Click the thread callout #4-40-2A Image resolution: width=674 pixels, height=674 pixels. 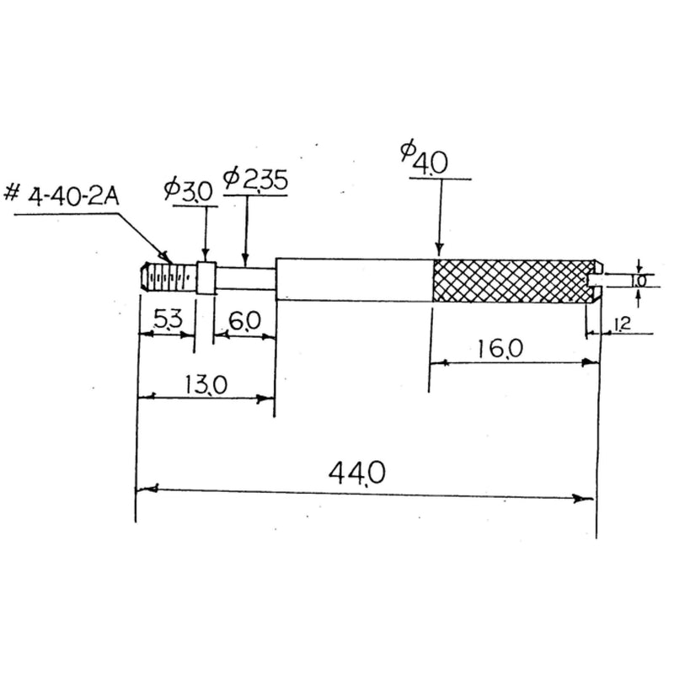pyautogui.click(x=61, y=195)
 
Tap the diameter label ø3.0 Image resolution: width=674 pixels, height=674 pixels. pyautogui.click(x=188, y=190)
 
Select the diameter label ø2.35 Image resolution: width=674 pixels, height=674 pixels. pyautogui.click(x=255, y=179)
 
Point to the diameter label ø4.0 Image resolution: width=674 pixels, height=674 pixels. pyautogui.click(x=425, y=156)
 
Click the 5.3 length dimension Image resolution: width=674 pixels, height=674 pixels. pyautogui.click(x=168, y=319)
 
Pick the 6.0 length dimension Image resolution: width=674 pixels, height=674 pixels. pyautogui.click(x=245, y=321)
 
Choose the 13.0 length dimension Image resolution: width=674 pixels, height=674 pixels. pyautogui.click(x=206, y=385)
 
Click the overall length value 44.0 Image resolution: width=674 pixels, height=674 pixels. pyautogui.click(x=356, y=473)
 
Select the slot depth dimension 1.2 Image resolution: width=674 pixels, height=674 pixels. pyautogui.click(x=623, y=324)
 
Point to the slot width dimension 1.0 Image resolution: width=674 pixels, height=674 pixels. pyautogui.click(x=639, y=281)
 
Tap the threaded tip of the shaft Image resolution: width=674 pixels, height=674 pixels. pyautogui.click(x=168, y=277)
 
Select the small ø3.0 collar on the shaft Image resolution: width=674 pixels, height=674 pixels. pyautogui.click(x=206, y=278)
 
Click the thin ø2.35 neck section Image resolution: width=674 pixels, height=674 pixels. pyautogui.click(x=245, y=278)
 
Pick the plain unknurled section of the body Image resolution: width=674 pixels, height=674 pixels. pyautogui.click(x=354, y=280)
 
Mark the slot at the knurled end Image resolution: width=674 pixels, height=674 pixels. pyautogui.click(x=595, y=281)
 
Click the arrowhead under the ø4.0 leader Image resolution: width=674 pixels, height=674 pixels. pyautogui.click(x=439, y=249)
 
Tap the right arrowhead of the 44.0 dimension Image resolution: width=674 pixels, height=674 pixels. pyautogui.click(x=583, y=499)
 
